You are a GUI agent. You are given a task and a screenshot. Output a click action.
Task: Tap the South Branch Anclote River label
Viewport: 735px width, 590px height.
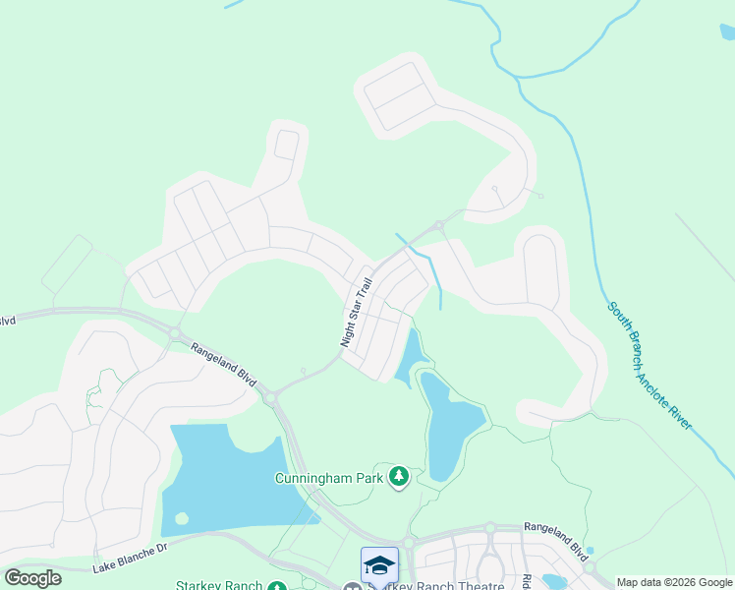coord(650,366)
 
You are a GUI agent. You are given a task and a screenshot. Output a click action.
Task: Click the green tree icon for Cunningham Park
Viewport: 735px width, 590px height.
coord(398,478)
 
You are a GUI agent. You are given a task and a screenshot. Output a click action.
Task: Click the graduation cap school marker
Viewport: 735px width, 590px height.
coord(379,565)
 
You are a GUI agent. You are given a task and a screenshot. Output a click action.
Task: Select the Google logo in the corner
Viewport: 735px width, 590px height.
coord(32,577)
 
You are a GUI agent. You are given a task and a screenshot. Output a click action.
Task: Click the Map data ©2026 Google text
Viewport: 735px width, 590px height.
coord(674,582)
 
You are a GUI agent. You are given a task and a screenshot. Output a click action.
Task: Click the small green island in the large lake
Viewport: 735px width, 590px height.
coord(181,518)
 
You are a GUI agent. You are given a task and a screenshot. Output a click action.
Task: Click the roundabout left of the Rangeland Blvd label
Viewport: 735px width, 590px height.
coord(175,334)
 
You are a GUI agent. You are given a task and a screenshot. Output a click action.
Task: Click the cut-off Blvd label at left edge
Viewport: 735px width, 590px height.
coord(8,321)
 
